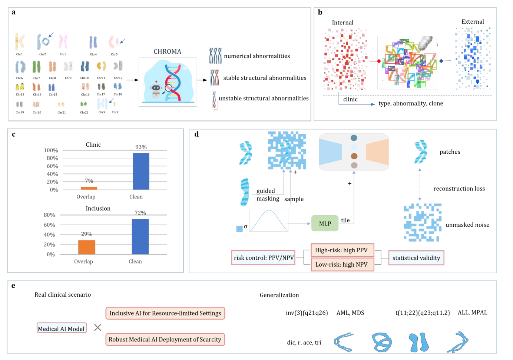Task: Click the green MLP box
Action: [x=325, y=223]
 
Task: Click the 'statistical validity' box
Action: [x=416, y=258]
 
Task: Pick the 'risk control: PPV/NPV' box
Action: [x=264, y=258]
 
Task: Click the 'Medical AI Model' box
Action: [x=62, y=328]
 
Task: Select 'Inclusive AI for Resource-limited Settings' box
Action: [x=165, y=313]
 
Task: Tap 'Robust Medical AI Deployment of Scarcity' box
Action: [x=165, y=340]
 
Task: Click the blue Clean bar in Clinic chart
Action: [x=141, y=171]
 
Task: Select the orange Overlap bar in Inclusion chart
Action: [x=87, y=247]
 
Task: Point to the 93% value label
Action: [x=141, y=147]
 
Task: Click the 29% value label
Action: [x=87, y=234]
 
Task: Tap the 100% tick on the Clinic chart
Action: [x=51, y=150]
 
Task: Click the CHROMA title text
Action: [x=168, y=51]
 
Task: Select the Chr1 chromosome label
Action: [x=19, y=54]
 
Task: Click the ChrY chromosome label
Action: [x=115, y=112]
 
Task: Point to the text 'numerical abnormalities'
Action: [x=257, y=56]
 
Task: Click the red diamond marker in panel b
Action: [x=378, y=61]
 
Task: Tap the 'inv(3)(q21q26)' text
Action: [x=307, y=313]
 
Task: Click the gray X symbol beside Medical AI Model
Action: [x=97, y=327]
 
